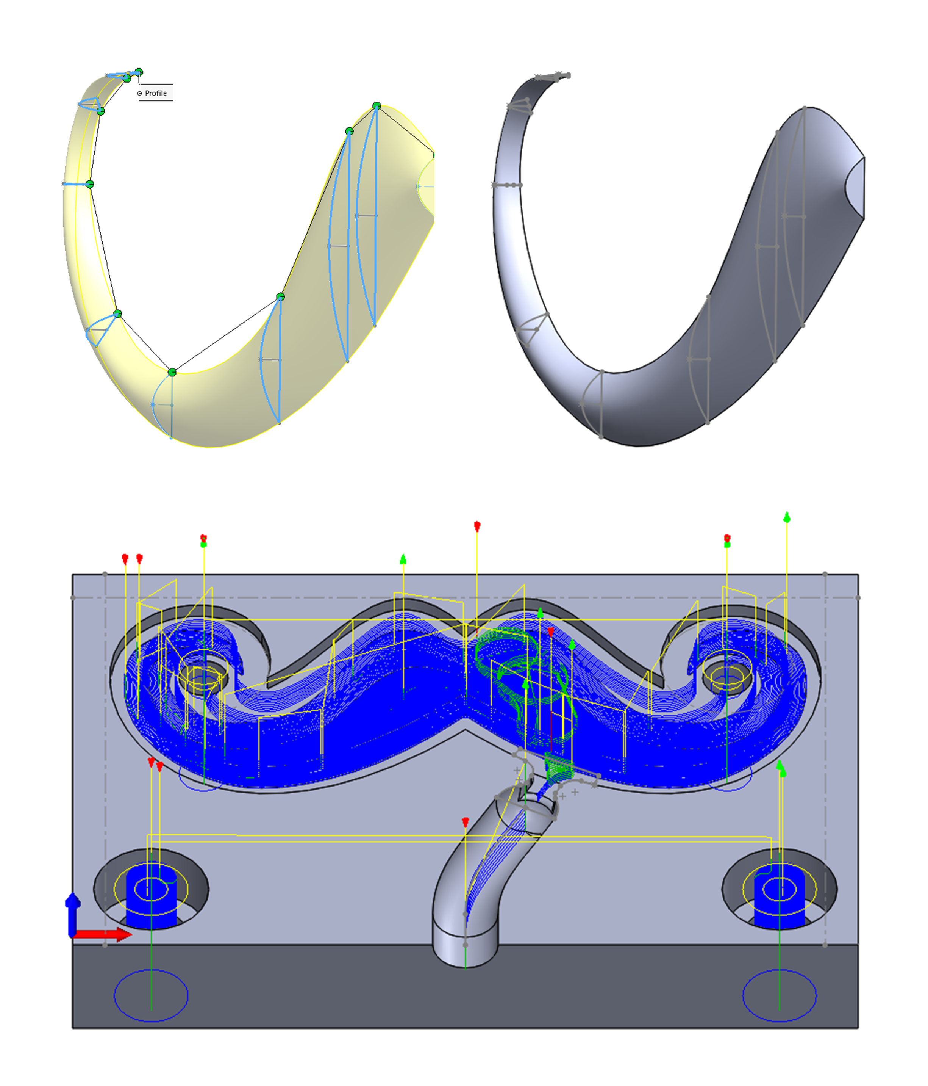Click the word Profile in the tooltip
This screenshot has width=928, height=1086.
pyautogui.click(x=156, y=93)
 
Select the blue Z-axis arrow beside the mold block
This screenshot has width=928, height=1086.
pyautogui.click(x=73, y=915)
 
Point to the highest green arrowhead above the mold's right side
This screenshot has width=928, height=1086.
pyautogui.click(x=787, y=518)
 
